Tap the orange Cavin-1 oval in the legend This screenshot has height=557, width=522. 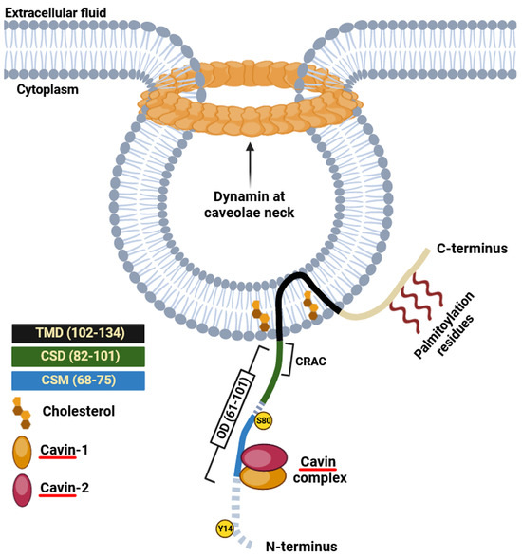click(x=26, y=455)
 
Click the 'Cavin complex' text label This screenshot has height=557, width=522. click(x=321, y=471)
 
